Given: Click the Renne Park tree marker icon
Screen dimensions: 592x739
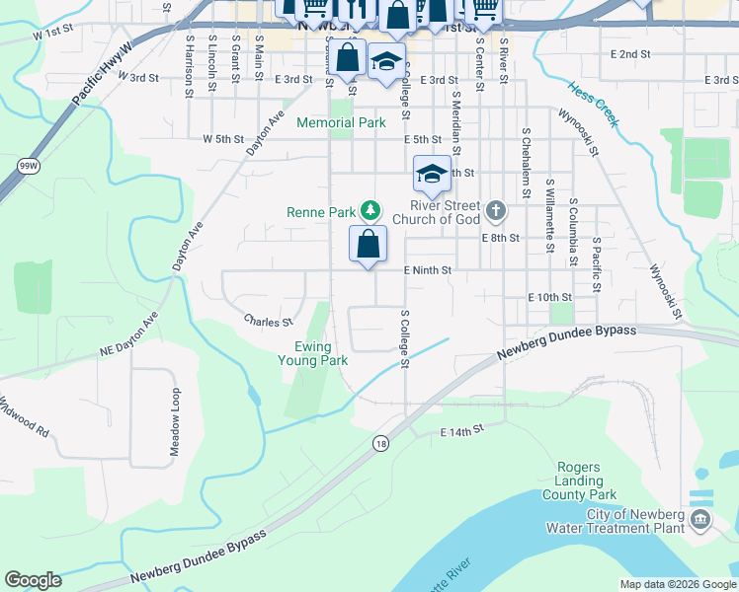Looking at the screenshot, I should [x=370, y=210].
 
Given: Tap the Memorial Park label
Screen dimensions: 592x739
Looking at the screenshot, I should [x=341, y=123].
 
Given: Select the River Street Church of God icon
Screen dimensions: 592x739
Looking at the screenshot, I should [x=496, y=210].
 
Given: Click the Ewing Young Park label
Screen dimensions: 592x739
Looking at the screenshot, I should [x=320, y=353].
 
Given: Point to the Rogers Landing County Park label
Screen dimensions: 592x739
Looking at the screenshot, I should [x=579, y=481].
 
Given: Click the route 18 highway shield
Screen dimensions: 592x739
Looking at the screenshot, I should [x=381, y=445].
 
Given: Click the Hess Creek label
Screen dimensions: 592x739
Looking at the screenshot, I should [x=593, y=105].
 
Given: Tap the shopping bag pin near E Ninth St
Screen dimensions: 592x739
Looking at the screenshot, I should [x=368, y=244].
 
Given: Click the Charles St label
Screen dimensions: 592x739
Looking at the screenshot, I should [x=269, y=322].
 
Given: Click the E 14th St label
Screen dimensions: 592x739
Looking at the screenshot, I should [x=460, y=430].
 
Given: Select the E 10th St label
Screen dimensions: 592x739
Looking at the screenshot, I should [x=550, y=297].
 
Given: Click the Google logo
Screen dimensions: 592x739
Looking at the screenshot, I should [x=33, y=580].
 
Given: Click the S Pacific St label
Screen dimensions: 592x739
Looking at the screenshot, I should [x=596, y=265].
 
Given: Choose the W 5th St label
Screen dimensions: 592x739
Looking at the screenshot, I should [x=223, y=139].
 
